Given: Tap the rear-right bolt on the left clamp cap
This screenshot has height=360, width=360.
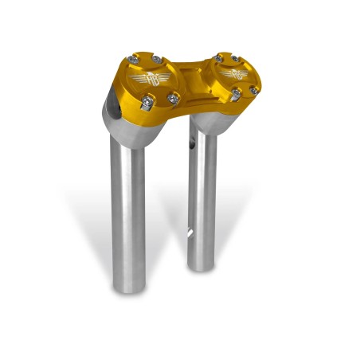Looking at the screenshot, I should click(157, 61).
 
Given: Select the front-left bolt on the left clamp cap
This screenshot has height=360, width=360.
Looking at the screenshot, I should click(147, 102).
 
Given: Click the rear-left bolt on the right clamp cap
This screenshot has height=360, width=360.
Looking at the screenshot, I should click(218, 57).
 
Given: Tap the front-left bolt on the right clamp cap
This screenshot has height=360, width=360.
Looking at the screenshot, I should click(237, 95).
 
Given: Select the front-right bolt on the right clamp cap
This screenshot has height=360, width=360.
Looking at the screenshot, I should click(253, 91).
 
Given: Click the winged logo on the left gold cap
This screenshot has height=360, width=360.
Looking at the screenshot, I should click(155, 80).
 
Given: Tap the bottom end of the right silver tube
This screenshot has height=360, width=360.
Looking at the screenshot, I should click(202, 264).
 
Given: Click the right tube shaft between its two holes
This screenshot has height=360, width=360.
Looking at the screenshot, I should click(202, 191).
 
